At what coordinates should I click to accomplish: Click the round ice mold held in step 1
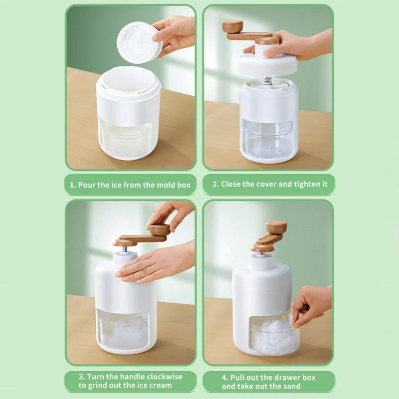pyautogui.click(x=139, y=42)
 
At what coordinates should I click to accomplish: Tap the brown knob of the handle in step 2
pyautogui.click(x=232, y=26)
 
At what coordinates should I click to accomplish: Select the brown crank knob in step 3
pyautogui.click(x=160, y=230)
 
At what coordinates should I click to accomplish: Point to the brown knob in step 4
pyautogui.click(x=276, y=227)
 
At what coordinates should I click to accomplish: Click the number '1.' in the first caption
pyautogui.click(x=73, y=185)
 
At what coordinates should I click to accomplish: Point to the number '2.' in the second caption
pyautogui.click(x=216, y=184)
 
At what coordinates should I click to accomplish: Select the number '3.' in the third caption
pyautogui.click(x=82, y=377)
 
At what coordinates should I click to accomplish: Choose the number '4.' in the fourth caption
pyautogui.click(x=225, y=378)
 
